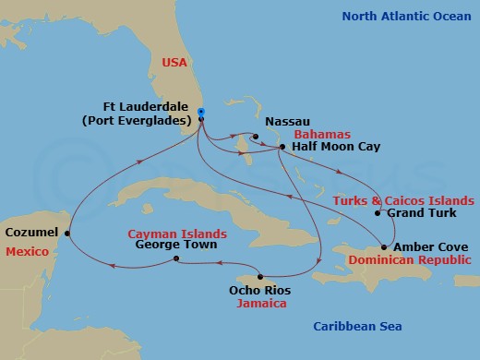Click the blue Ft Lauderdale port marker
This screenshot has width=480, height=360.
tap(201, 113)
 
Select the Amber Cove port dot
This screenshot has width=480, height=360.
tap(383, 247)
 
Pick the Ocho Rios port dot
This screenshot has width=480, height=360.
tap(261, 277)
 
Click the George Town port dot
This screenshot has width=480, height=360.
tap(176, 259)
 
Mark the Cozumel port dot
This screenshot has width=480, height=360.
tap(67, 233)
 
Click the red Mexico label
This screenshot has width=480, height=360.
tap(25, 250)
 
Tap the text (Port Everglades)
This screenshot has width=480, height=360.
tap(149, 121)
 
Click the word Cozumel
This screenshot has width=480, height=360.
tap(31, 232)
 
